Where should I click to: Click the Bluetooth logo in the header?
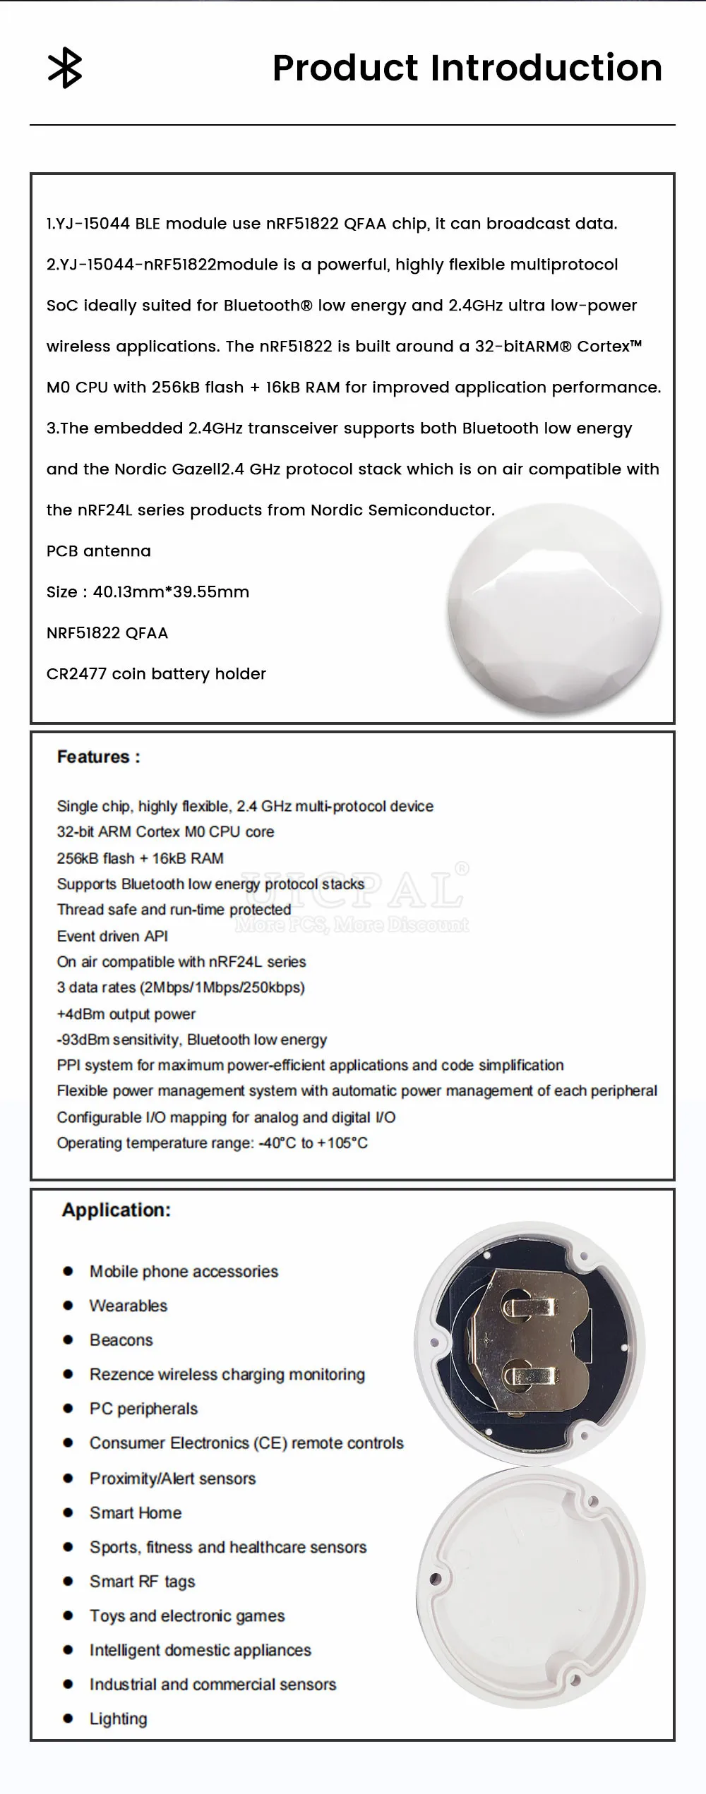tap(65, 69)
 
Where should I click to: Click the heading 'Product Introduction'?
tap(467, 68)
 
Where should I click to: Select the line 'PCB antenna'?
tap(99, 551)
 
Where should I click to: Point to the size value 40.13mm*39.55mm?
tap(171, 592)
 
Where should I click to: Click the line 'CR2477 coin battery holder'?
tap(156, 674)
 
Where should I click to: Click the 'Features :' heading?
tap(98, 757)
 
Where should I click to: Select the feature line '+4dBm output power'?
tap(126, 1014)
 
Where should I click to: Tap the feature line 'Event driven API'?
tap(112, 937)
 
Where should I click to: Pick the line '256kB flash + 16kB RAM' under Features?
tap(140, 858)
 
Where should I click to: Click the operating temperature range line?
tap(212, 1143)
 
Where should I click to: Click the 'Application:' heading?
tap(116, 1210)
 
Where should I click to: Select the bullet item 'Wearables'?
tap(128, 1306)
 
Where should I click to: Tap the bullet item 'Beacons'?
tap(121, 1340)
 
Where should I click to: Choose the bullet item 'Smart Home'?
tap(135, 1513)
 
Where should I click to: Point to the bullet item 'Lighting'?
tap(118, 1719)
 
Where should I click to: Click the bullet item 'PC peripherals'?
tap(143, 1409)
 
